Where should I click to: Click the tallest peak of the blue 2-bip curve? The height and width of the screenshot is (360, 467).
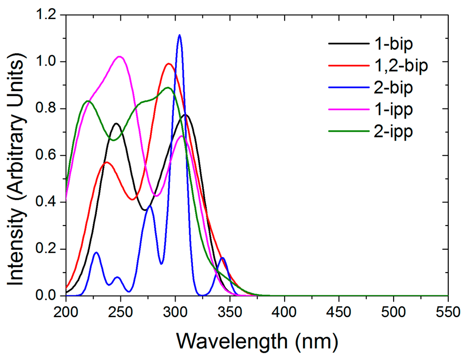180,35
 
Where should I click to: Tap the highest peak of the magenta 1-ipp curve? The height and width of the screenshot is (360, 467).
119,57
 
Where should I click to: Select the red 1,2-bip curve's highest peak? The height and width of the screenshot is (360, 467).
169,64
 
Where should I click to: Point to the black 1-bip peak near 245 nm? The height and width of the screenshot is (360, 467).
116,123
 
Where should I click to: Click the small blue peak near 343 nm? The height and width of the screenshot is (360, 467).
222,258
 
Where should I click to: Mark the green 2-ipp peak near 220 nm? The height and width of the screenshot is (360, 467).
88,101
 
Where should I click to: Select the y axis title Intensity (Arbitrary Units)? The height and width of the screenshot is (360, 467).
17,155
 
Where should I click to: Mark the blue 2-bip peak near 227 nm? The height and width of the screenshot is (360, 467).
96,252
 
